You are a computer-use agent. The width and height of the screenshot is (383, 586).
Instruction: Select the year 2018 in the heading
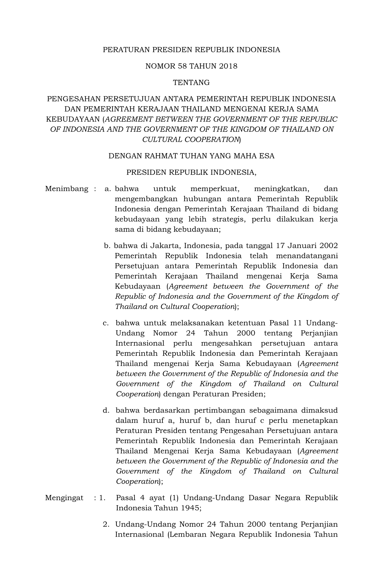point(228,66)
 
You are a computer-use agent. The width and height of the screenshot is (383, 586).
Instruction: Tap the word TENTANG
point(191,83)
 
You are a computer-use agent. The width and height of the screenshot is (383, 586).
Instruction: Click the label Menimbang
point(67,189)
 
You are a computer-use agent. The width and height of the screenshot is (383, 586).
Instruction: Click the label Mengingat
point(64,498)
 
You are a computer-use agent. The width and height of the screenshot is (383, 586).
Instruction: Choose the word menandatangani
point(310,256)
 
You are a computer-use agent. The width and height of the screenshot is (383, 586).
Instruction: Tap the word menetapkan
point(316,420)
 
